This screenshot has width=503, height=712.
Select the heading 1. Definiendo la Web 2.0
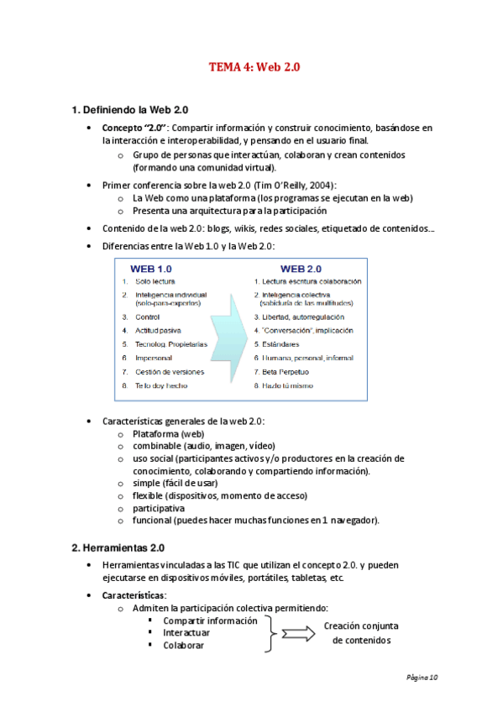pos(130,110)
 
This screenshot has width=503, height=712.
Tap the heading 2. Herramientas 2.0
pos(123,547)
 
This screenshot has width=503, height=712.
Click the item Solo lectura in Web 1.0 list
pos(155,281)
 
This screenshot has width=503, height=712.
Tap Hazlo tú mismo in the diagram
pos(287,385)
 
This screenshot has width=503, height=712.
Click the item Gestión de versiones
pos(170,371)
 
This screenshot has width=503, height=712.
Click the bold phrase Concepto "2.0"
pos(134,128)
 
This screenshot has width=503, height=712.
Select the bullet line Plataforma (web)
pos(168,433)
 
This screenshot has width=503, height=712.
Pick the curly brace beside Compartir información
pos(270,633)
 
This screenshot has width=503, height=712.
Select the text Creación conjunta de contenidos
pos(360,633)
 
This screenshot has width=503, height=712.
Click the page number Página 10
pos(422,677)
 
